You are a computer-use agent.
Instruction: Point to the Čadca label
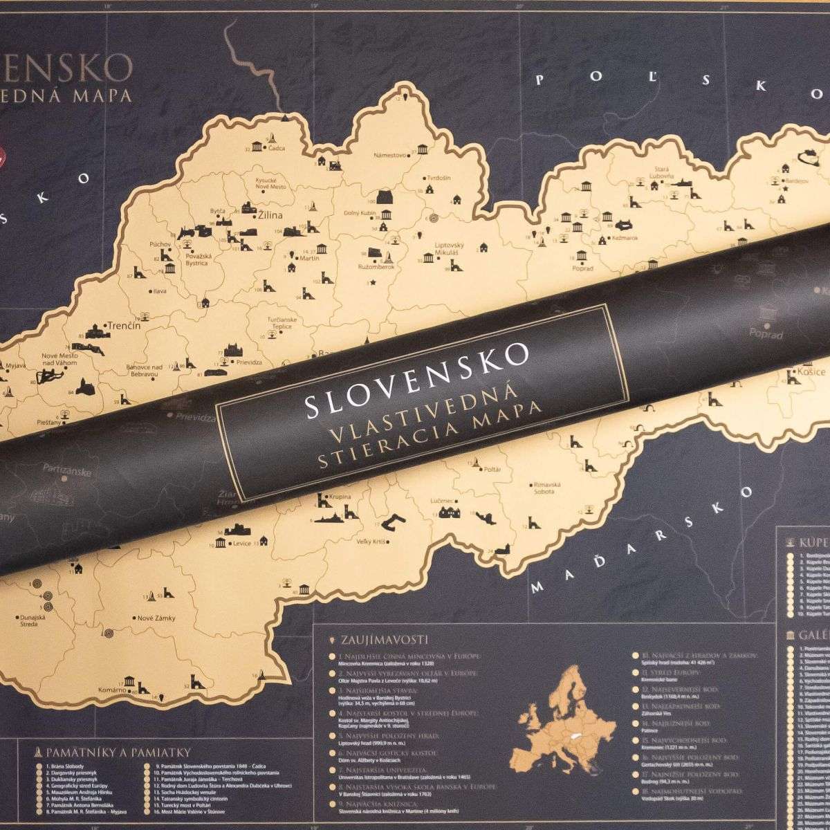pos(277,149)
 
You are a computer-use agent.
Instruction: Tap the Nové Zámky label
pos(156,618)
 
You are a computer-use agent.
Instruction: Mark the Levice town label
pos(243,544)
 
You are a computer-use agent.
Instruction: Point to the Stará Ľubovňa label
pos(659,172)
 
